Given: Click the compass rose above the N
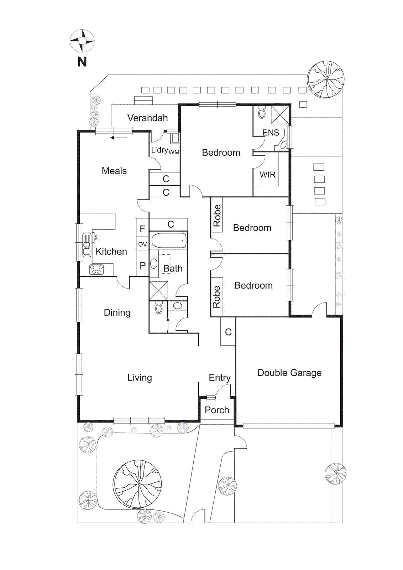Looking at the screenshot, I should click(82, 41).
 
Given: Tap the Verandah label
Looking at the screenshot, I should click(147, 118).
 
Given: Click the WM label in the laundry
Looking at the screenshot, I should click(174, 152).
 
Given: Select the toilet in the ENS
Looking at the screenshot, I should click(262, 113).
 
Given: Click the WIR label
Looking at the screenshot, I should click(267, 175).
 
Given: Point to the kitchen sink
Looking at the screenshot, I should click(87, 245).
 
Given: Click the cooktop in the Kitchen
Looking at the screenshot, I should click(96, 269).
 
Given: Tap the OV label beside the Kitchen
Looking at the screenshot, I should click(142, 244).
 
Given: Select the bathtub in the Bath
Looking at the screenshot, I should click(169, 241).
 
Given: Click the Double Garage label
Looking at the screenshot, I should click(289, 373).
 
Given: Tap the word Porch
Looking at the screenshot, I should click(217, 410).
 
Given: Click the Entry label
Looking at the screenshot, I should click(220, 378).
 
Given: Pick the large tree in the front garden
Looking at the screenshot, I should click(137, 484).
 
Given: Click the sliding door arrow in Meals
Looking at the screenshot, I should click(118, 138).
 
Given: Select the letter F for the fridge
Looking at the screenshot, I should click(142, 229).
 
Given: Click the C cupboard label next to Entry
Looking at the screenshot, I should click(228, 332).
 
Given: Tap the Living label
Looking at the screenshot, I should click(140, 378).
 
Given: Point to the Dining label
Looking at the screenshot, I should click(117, 313).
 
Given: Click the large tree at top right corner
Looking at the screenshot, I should click(326, 79).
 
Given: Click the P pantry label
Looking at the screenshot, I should click(142, 266).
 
